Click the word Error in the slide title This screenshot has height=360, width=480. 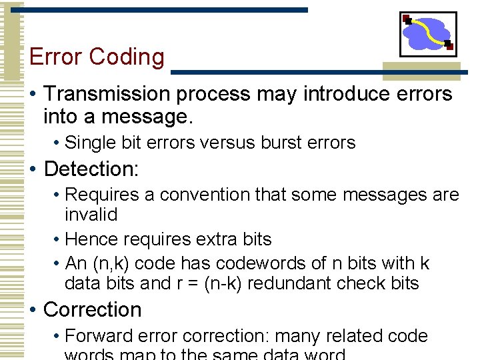pos(56,57)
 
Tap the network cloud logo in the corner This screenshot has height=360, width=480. pos(428,33)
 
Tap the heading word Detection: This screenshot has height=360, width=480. pos(91,169)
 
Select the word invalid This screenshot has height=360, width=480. pos(91,215)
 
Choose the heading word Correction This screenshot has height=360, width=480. pos(93,310)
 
